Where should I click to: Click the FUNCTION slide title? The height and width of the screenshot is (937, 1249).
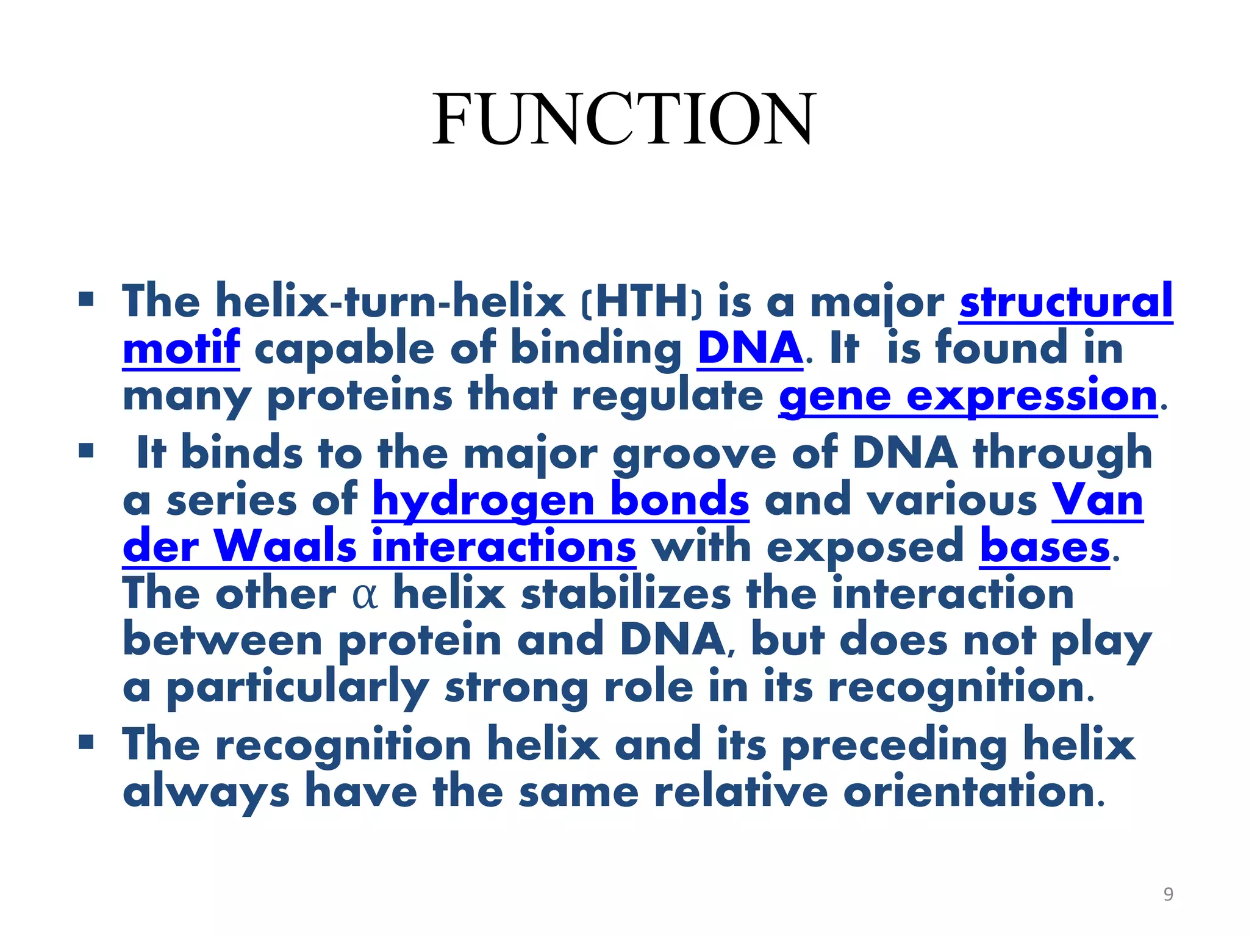coord(623,120)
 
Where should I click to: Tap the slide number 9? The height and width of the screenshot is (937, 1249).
coord(1168,894)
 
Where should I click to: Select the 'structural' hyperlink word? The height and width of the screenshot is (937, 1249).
coord(1065,301)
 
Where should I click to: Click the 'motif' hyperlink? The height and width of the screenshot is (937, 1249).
coord(181,348)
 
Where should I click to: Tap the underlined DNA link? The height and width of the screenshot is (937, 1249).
coord(750,348)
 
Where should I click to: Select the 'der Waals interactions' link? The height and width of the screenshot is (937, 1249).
coord(379,547)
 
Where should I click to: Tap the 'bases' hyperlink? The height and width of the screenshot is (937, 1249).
coord(1044,547)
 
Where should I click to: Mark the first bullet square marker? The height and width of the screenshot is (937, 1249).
coord(86,300)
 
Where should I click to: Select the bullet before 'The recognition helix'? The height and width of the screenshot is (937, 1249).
coord(86,742)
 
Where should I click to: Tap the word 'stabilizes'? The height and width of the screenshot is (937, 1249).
coord(625,594)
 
